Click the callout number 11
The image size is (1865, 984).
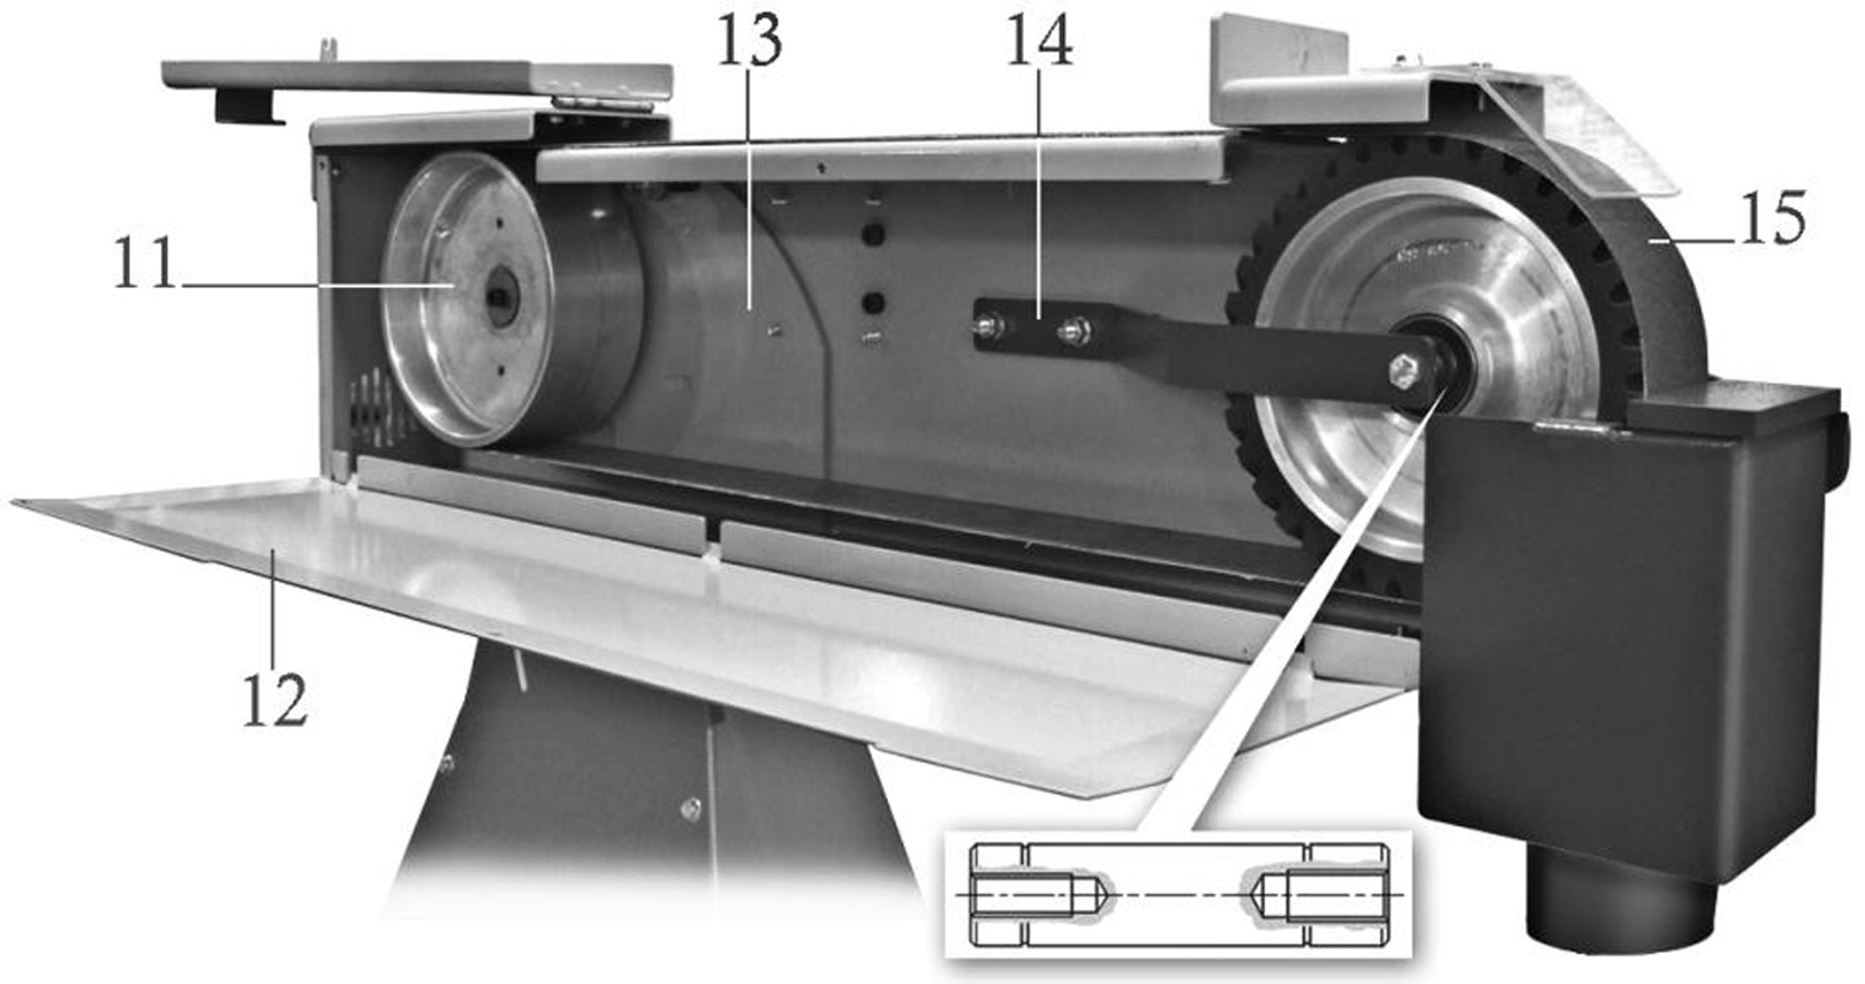pyautogui.click(x=146, y=262)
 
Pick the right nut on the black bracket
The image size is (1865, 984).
pyautogui.click(x=1072, y=331)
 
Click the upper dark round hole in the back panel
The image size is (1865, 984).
pyautogui.click(x=872, y=236)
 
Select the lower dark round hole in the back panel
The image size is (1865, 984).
pyautogui.click(x=872, y=300)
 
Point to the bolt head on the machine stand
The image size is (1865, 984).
pyautogui.click(x=691, y=807)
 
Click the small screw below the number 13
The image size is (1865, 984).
pyautogui.click(x=774, y=332)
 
